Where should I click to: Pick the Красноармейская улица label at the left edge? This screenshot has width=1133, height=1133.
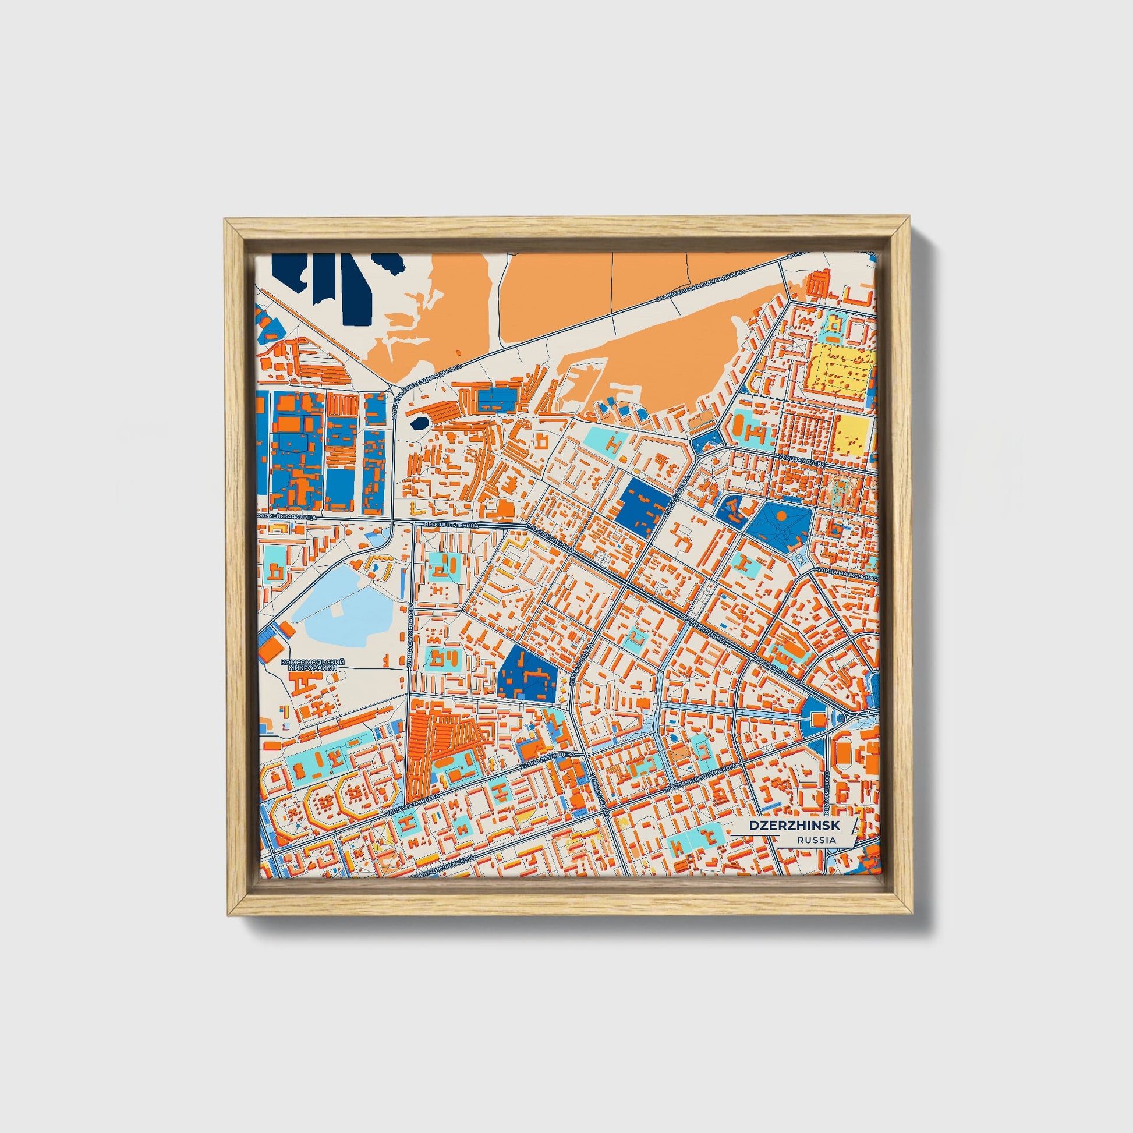286,517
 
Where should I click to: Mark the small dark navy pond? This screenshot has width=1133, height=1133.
419,423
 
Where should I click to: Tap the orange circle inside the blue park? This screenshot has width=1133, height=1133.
781,515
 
